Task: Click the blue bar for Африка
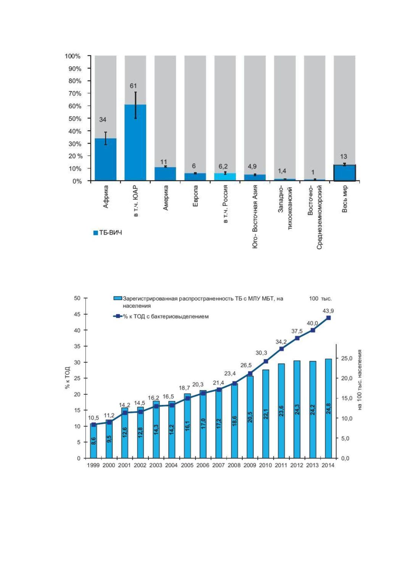click(x=105, y=159)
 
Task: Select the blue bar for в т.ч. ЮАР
click(x=136, y=142)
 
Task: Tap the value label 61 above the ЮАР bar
click(x=133, y=86)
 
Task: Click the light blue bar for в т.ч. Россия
click(x=225, y=177)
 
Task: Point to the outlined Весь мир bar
click(x=345, y=172)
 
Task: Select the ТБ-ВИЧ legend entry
click(x=108, y=233)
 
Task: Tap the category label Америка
click(x=165, y=198)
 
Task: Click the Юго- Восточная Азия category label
click(x=255, y=217)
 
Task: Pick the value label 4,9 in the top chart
click(x=252, y=167)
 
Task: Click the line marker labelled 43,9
click(x=329, y=318)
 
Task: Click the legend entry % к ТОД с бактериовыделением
click(x=161, y=317)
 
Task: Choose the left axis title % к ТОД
click(x=68, y=378)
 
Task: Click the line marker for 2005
click(x=187, y=398)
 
